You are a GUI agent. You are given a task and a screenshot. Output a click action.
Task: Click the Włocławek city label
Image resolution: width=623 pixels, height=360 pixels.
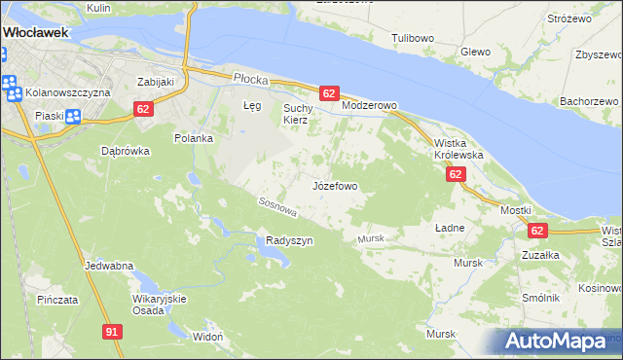click(36, 32)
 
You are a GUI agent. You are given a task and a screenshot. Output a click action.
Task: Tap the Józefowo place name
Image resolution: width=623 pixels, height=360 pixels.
click(335, 185)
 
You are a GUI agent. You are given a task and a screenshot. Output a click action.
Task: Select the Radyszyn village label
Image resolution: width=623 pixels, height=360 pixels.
click(289, 240)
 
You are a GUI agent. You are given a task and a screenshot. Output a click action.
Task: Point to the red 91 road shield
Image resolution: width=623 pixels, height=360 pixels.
click(112, 332)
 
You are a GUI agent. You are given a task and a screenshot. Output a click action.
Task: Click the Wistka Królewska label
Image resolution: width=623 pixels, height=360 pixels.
click(458, 149)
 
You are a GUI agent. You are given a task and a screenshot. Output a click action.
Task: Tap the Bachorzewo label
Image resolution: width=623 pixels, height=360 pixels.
click(590, 101)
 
